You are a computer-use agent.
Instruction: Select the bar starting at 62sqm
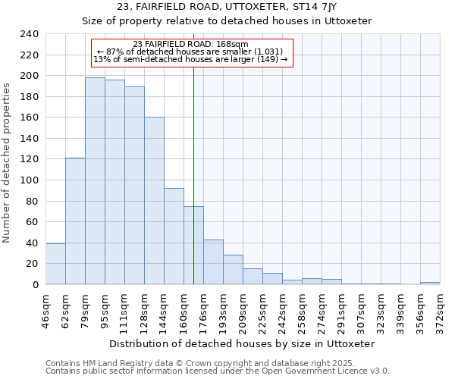75,221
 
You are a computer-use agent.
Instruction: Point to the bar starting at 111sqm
134,185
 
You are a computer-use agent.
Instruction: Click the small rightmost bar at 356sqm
430,283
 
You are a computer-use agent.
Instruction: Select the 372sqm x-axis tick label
440,311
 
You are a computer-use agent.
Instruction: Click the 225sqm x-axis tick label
262,311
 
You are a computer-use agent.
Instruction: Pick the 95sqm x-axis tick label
105,311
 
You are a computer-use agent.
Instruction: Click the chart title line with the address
227,7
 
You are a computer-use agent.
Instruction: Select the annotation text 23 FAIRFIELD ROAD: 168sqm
190,45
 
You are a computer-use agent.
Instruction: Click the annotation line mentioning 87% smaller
190,52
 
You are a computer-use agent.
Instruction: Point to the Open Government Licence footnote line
218,371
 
